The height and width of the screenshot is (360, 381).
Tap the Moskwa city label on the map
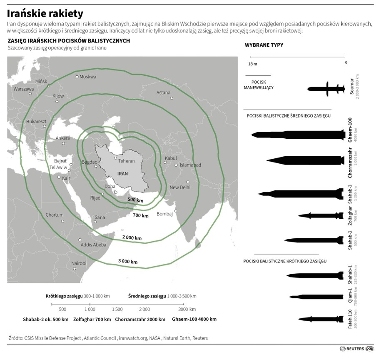(87, 77)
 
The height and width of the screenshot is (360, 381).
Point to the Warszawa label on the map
(23, 89)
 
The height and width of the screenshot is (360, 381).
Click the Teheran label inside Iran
(127, 160)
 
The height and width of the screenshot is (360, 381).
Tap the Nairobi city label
(79, 263)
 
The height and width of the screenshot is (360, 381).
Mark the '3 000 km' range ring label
(128, 261)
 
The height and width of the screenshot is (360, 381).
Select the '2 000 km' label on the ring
(132, 237)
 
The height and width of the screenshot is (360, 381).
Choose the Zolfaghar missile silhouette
(322, 215)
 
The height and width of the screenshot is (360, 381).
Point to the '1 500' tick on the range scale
(117, 310)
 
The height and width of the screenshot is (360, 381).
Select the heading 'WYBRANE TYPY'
(264, 45)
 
